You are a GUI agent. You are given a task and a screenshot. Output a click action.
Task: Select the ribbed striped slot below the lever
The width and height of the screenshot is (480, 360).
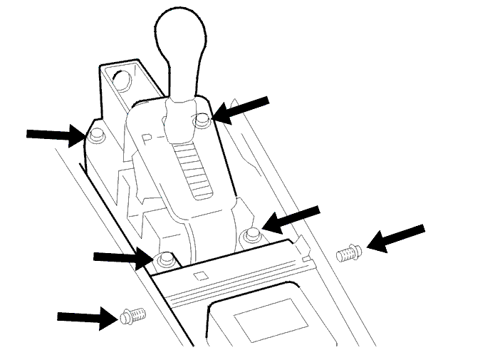point(192,171)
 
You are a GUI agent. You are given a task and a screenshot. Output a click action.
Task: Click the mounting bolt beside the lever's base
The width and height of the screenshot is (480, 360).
point(202,120)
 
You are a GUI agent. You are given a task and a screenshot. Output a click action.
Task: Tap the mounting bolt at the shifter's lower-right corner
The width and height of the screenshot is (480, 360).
point(252,235)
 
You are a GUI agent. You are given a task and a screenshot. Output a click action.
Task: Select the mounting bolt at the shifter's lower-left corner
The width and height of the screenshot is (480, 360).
point(166,259)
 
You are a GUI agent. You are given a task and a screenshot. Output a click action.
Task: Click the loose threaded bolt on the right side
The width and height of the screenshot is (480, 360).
point(349,253)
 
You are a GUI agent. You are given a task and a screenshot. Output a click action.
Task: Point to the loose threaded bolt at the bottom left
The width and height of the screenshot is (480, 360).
point(133,316)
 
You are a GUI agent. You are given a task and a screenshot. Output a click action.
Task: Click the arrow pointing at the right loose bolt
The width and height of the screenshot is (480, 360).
point(395,238)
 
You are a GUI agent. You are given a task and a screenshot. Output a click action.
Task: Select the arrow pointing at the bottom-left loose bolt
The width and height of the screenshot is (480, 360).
point(88,318)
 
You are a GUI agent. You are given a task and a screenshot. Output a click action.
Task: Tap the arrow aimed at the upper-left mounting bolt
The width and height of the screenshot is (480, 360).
point(56,135)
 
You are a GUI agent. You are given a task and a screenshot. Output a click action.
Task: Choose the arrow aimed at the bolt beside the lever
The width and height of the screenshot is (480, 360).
point(240,110)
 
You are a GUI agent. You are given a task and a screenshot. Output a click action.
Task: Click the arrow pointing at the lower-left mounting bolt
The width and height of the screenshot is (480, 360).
point(124,258)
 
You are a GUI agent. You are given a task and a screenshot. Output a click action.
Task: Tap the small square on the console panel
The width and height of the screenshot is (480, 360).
point(201,276)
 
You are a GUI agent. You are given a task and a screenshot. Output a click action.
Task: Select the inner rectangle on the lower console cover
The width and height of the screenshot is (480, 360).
point(271,320)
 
